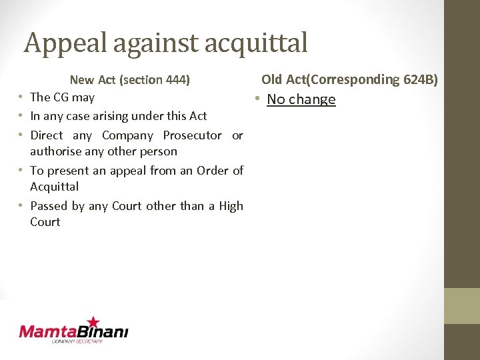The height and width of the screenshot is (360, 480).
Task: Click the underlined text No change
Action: [x=301, y=99]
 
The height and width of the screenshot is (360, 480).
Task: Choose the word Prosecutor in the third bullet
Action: [x=192, y=135]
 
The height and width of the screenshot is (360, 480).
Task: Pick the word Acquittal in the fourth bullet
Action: [x=54, y=187]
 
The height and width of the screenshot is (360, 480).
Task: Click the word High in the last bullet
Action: [x=231, y=206]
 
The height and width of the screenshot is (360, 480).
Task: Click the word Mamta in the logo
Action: [x=46, y=331]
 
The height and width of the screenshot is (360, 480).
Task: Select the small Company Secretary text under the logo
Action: [x=77, y=341]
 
